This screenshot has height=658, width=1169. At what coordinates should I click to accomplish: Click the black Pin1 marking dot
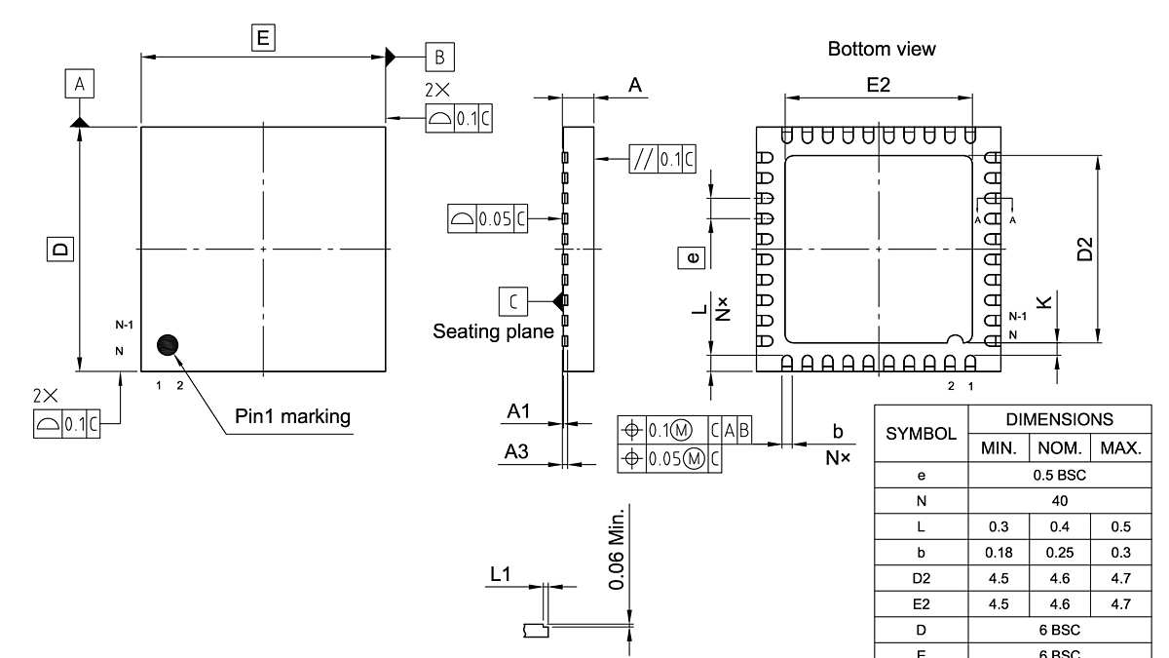pos(169,345)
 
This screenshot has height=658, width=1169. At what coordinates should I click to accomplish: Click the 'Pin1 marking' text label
pos(292,416)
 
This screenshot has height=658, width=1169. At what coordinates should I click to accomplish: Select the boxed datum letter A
pos(80,85)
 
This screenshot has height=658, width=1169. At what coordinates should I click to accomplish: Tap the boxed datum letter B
pos(438,57)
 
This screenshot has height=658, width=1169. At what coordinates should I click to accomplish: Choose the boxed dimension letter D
pos(60,249)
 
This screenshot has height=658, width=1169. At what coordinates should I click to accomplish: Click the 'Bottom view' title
pos(881,49)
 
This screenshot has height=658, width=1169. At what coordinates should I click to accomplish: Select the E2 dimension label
pos(878,85)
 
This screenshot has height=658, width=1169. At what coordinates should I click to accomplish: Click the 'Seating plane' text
pos(493,331)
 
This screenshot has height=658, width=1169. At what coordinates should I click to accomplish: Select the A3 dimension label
pos(516,451)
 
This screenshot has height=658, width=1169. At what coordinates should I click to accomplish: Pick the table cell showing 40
pos(1060,501)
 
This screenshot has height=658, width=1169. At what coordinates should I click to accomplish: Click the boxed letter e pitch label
pos(692,257)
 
